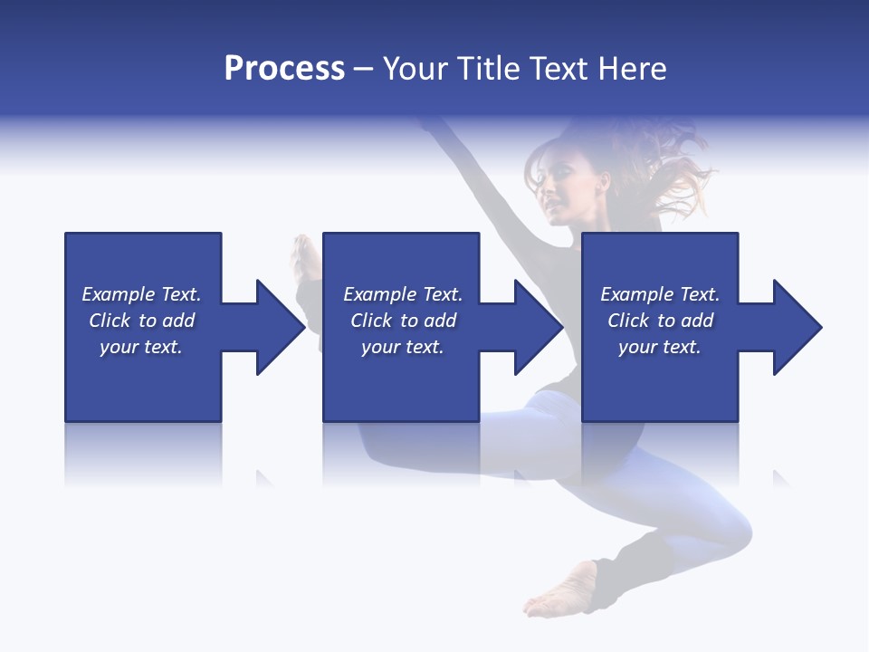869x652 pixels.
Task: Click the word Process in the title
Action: (284, 68)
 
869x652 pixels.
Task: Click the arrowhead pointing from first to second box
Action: (275, 327)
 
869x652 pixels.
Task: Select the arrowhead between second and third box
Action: (534, 327)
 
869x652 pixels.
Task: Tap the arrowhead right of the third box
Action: (793, 327)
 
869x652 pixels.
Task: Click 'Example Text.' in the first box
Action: (141, 294)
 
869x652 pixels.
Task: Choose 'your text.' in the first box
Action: (141, 347)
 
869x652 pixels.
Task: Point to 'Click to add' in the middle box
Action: (403, 321)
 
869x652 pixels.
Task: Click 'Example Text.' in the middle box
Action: (403, 294)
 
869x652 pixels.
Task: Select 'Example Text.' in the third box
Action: (660, 294)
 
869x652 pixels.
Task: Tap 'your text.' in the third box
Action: (660, 347)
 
